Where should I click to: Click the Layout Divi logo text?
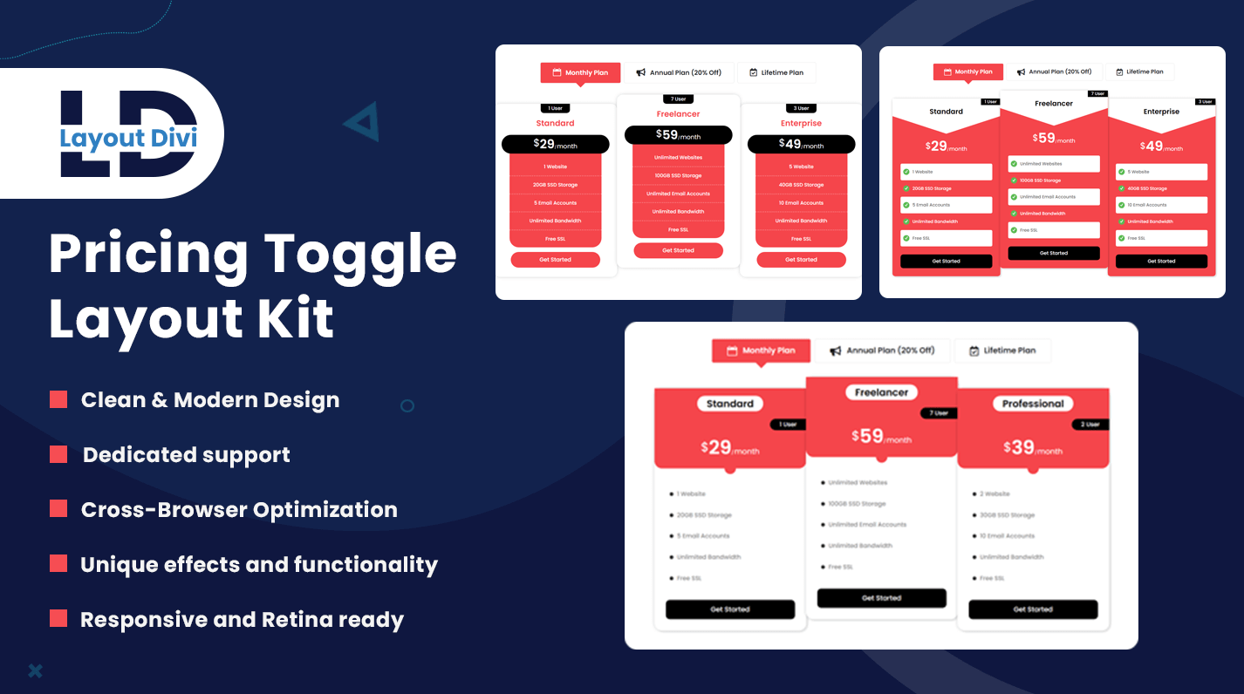click(127, 137)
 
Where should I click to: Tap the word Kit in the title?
click(292, 318)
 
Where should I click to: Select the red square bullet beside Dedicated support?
click(58, 454)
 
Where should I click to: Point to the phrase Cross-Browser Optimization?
click(239, 510)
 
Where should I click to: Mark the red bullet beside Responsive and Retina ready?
click(58, 618)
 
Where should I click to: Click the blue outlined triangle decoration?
click(362, 121)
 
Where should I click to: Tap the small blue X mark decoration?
click(35, 670)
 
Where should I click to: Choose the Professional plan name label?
click(1033, 404)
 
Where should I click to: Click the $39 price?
click(1018, 447)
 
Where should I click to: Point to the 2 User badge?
click(1090, 425)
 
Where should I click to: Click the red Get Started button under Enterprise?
click(801, 260)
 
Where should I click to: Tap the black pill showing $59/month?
click(678, 135)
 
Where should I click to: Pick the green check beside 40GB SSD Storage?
click(1120, 188)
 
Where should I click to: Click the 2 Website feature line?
click(995, 494)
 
